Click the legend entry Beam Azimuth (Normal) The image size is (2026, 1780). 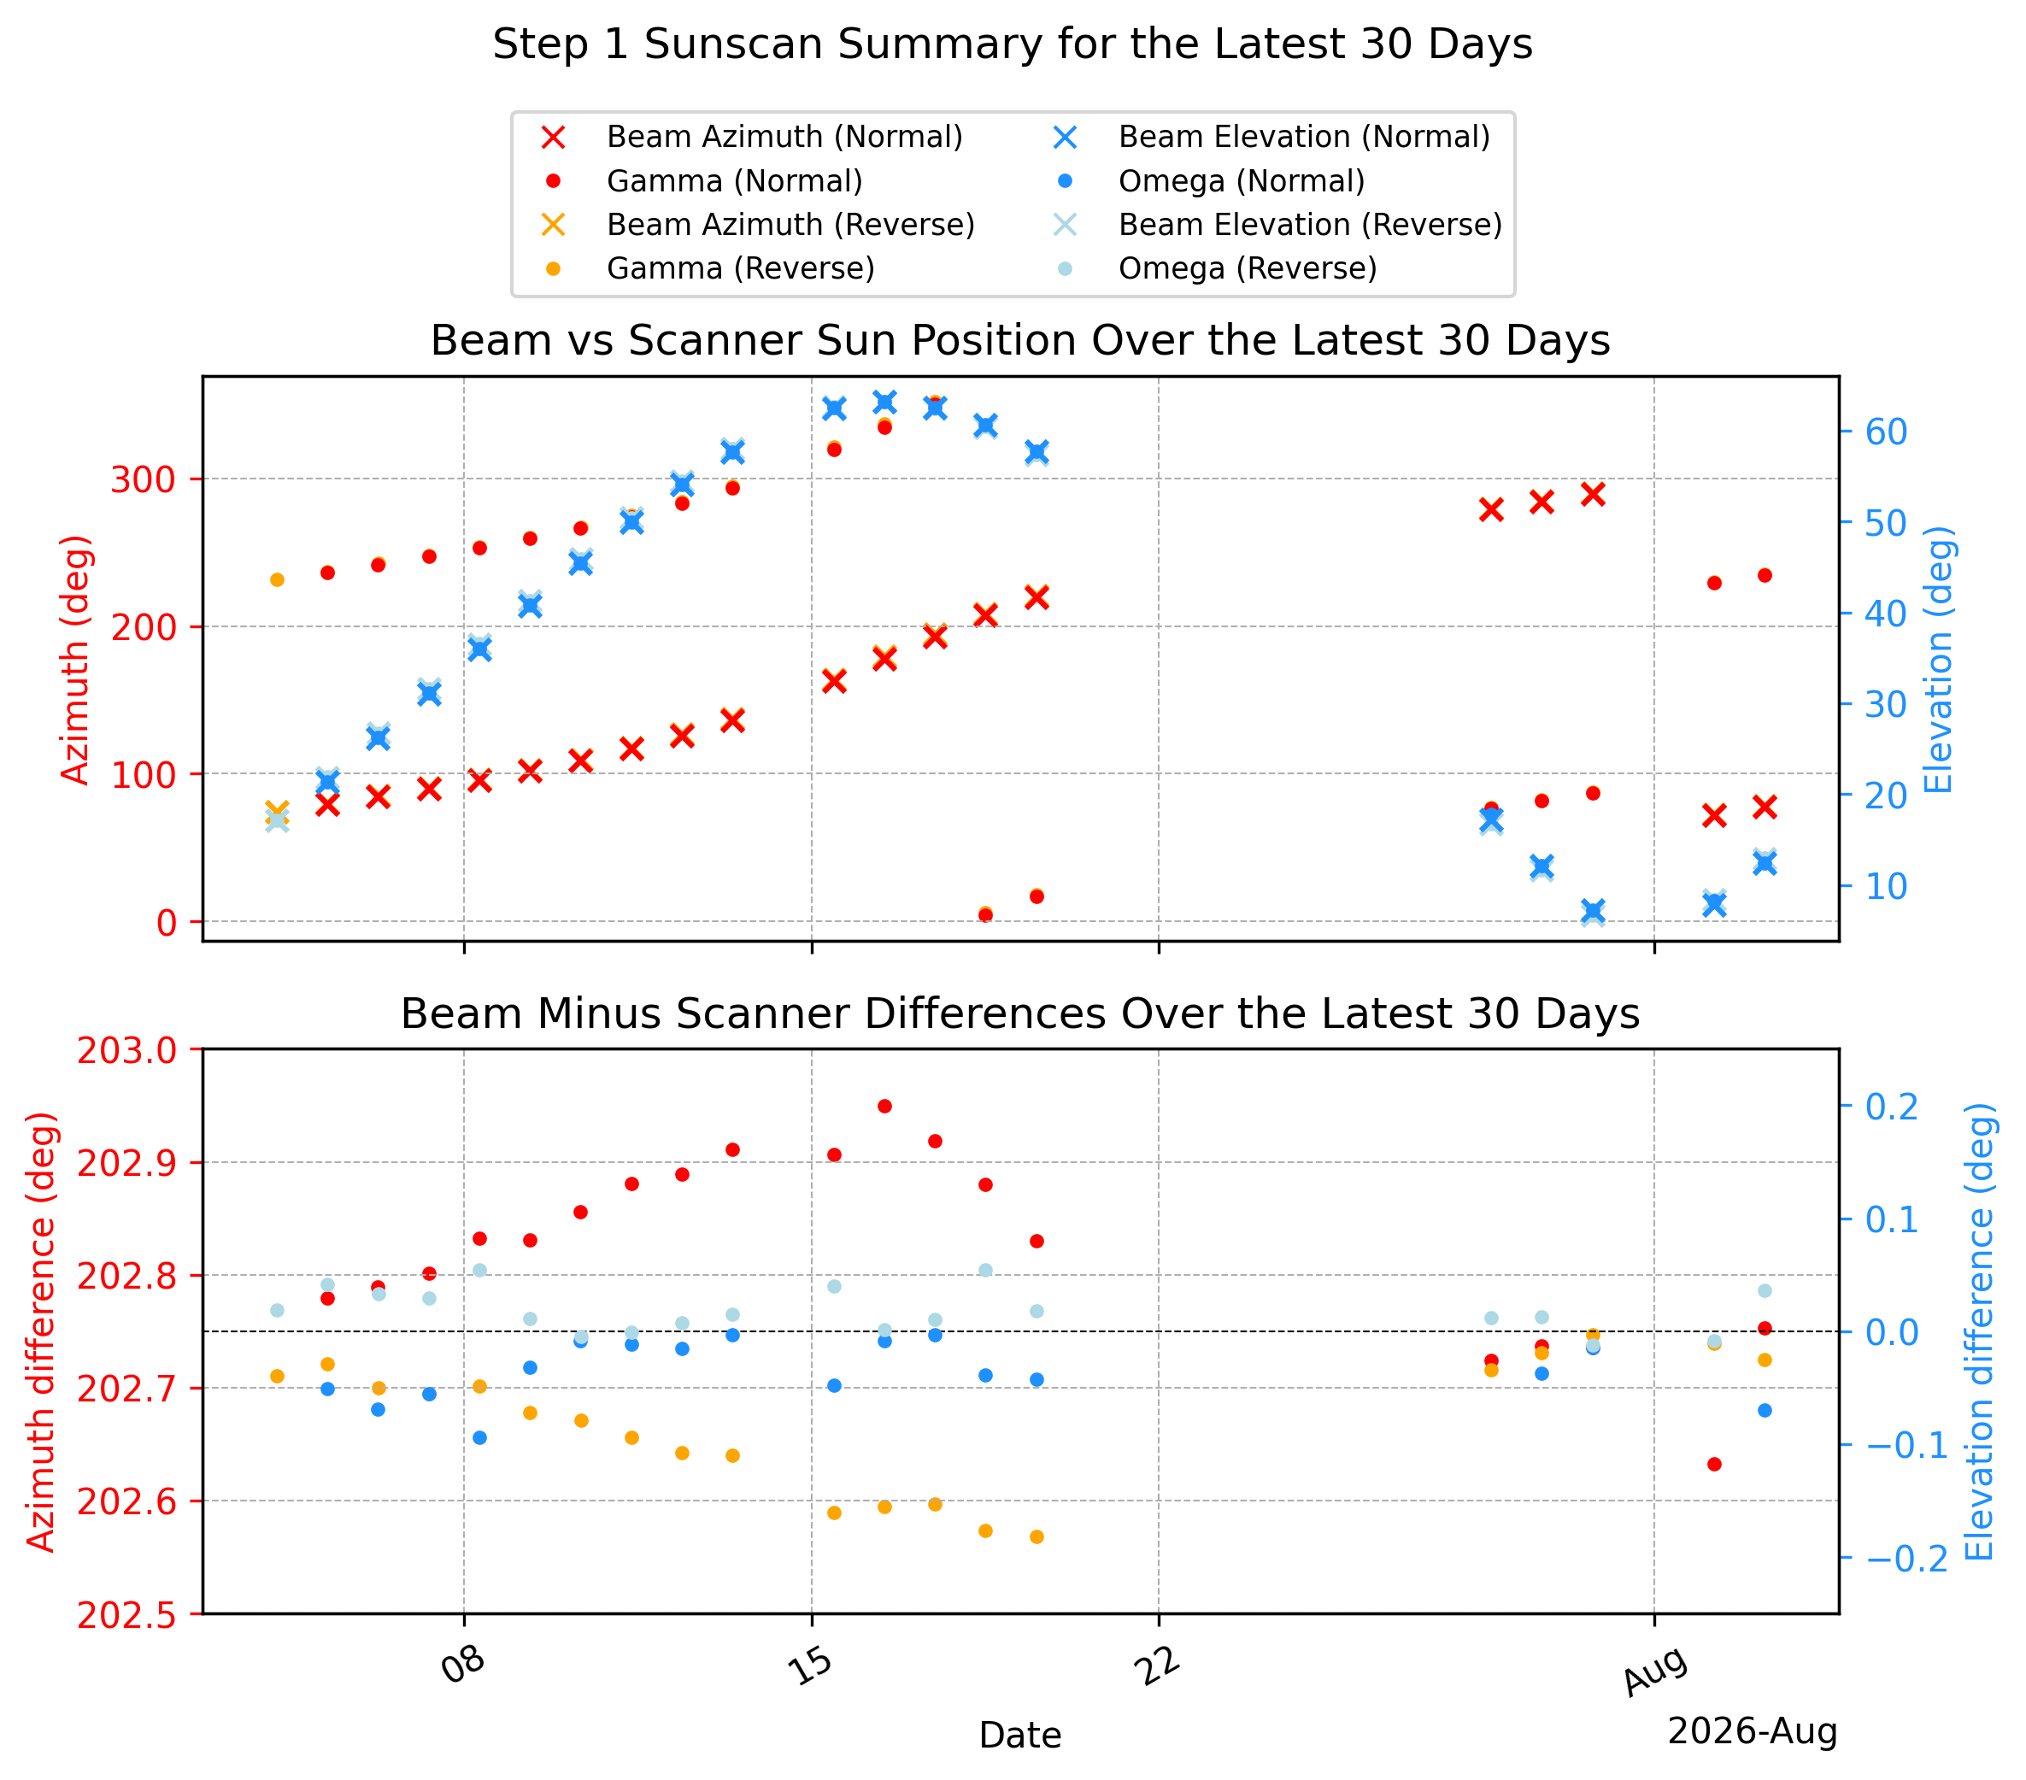point(754,137)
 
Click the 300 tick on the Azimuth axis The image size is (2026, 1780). point(143,479)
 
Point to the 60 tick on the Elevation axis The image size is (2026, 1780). point(1886,432)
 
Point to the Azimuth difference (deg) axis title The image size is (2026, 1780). point(42,1331)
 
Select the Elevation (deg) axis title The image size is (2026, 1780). point(1939,659)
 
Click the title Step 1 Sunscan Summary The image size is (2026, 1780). point(1013,44)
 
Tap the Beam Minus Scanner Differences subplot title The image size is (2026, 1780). point(1020,1013)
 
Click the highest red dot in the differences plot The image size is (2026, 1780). point(885,1106)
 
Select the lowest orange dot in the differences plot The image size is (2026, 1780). point(1036,1537)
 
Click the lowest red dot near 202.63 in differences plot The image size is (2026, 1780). point(1715,1464)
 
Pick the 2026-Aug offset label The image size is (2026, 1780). point(1753,1731)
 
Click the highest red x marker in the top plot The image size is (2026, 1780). point(1593,495)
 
